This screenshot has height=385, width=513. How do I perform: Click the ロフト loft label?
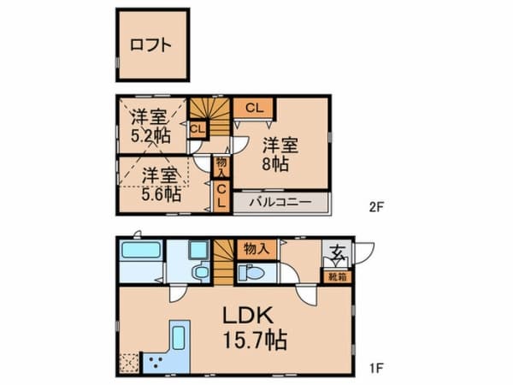150,44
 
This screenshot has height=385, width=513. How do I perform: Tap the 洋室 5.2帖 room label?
150,126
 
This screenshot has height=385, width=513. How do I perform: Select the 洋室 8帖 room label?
280,154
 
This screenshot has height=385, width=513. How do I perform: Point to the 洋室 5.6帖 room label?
161,185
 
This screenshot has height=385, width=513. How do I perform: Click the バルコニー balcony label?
280,202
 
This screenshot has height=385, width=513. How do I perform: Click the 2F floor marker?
376,207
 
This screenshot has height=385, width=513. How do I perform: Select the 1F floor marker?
376,368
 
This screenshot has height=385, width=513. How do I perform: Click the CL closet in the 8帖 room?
254,108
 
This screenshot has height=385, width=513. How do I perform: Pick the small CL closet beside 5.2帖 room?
198,129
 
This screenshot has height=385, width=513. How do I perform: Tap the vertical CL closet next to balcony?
221,197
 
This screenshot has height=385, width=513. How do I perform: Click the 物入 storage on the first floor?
256,250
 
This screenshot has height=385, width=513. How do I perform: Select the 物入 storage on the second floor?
221,167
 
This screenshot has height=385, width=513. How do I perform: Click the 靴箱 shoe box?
338,277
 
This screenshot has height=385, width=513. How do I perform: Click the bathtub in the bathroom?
141,251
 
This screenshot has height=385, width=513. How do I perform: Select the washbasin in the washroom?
198,250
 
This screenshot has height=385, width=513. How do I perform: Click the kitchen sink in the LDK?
179,338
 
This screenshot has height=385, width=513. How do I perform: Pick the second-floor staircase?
210,117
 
